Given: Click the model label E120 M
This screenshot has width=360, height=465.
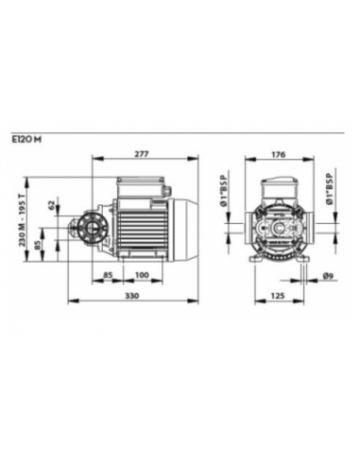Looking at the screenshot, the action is [27, 140].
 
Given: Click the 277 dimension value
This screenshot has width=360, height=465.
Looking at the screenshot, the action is [142, 154].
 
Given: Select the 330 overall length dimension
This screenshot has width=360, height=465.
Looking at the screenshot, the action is [132, 296].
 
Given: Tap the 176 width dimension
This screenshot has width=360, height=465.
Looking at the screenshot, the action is [279, 154].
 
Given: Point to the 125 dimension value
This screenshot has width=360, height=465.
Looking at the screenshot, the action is [278, 296].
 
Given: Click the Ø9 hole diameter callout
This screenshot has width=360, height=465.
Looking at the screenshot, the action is [328, 276].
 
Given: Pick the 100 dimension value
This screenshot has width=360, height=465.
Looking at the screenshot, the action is [142, 275].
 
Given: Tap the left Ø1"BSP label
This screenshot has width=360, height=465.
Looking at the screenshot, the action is [224, 190].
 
